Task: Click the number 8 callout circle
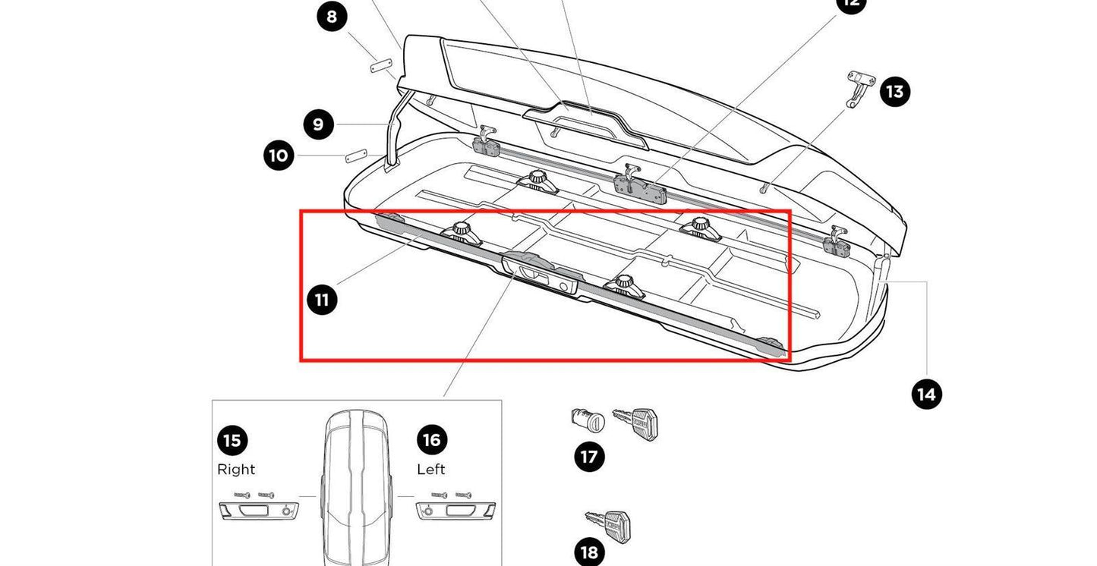333,16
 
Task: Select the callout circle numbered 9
319,124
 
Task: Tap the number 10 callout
279,156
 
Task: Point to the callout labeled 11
322,300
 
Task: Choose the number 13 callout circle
895,92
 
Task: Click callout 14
926,395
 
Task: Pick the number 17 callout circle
589,457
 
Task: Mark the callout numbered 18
589,553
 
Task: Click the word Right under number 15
236,470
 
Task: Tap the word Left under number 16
430,470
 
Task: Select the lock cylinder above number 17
586,419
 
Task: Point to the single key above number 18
609,524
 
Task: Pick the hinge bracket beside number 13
859,87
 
